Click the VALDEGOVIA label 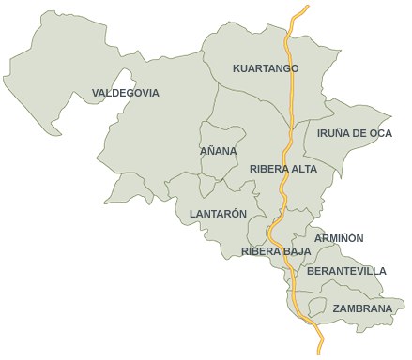click(126, 93)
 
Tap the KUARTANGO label click(266, 68)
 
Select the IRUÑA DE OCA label click(355, 133)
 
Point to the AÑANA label click(219, 151)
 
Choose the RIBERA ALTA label click(283, 169)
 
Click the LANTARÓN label click(218, 214)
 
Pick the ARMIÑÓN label click(339, 238)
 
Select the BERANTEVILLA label click(346, 271)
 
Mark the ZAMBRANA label click(362, 308)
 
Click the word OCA click(379, 133)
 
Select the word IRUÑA click(333, 133)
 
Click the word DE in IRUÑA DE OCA click(359, 133)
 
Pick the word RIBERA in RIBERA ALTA click(268, 169)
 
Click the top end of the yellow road click(307, 7)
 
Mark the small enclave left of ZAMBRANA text click(317, 307)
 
